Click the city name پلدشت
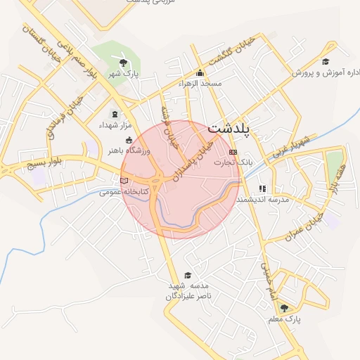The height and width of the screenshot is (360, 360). point(230,129)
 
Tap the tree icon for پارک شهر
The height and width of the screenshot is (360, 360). point(124,60)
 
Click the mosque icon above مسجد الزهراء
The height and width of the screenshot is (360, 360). point(200,72)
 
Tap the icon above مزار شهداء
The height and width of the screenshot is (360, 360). point(115,114)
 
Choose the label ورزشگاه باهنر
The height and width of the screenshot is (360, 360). point(126,150)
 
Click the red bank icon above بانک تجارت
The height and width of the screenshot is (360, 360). point(233,152)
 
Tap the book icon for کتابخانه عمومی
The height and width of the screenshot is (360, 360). point(124,181)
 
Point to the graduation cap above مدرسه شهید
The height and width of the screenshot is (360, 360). point(188,275)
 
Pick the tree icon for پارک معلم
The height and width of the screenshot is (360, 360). point(284,308)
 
